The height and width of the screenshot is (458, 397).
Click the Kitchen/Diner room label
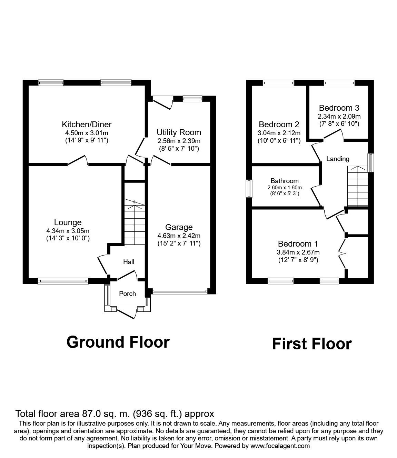[x=87, y=125]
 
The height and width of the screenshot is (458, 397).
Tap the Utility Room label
[x=179, y=132]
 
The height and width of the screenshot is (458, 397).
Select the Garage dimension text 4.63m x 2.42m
[x=179, y=236]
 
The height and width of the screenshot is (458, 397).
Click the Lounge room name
[x=68, y=222]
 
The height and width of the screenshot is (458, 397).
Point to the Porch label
[x=127, y=294]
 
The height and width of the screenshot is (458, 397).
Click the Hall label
[x=129, y=262]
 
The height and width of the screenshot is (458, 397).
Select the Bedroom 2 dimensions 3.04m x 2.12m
[x=279, y=133]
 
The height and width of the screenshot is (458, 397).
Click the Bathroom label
[x=285, y=181]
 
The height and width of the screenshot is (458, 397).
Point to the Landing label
[x=338, y=159]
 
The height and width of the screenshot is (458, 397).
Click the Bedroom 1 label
[x=298, y=243]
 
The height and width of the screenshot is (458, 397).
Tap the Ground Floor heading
[x=118, y=342]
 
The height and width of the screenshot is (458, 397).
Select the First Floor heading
[x=311, y=344]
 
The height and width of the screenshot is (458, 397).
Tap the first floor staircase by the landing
[x=357, y=186]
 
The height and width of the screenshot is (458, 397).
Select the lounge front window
[x=63, y=281]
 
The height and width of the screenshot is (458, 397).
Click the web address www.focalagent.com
[x=280, y=446]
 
